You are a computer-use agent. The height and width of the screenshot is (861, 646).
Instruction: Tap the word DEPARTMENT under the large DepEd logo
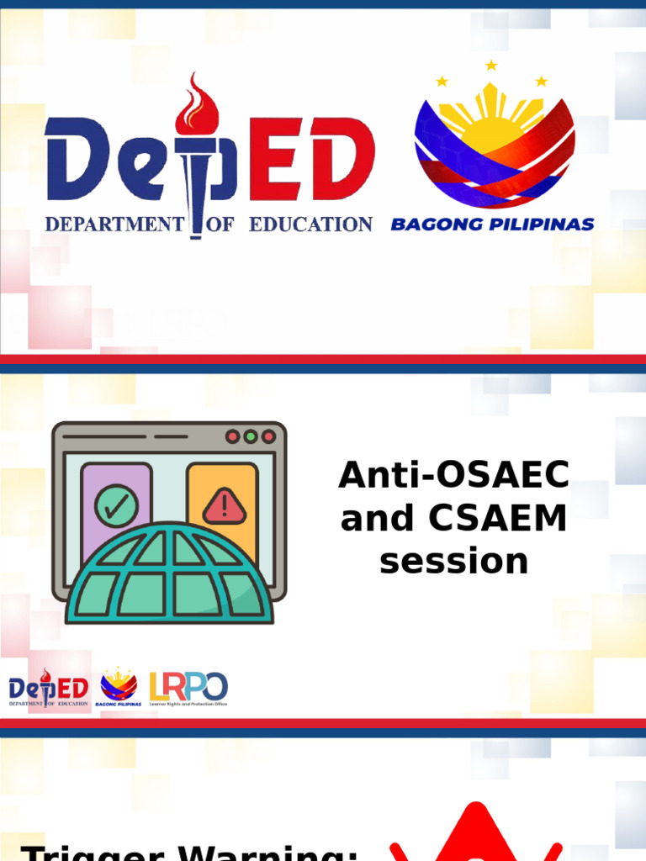point(114,224)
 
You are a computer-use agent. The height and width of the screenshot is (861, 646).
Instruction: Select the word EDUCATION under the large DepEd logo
point(310,224)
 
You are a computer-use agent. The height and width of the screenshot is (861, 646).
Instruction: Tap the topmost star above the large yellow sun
point(491,65)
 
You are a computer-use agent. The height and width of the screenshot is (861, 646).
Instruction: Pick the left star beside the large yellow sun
point(442,82)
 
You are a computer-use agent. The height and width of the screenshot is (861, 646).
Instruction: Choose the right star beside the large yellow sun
point(542,82)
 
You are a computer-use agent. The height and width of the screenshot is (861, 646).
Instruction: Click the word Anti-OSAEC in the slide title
point(453,477)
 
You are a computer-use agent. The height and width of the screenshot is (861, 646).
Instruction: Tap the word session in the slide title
point(453,561)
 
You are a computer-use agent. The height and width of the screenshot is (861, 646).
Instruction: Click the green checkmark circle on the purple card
point(116,505)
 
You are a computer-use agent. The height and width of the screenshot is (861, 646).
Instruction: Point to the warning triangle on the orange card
point(224,505)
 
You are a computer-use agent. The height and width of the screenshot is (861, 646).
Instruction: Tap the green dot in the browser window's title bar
point(251,436)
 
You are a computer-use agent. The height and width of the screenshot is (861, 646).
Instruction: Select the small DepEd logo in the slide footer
point(49,689)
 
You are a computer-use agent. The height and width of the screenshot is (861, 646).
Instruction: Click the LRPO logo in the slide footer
point(188,689)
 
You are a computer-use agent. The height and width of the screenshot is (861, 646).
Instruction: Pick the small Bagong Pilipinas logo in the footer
point(119,688)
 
